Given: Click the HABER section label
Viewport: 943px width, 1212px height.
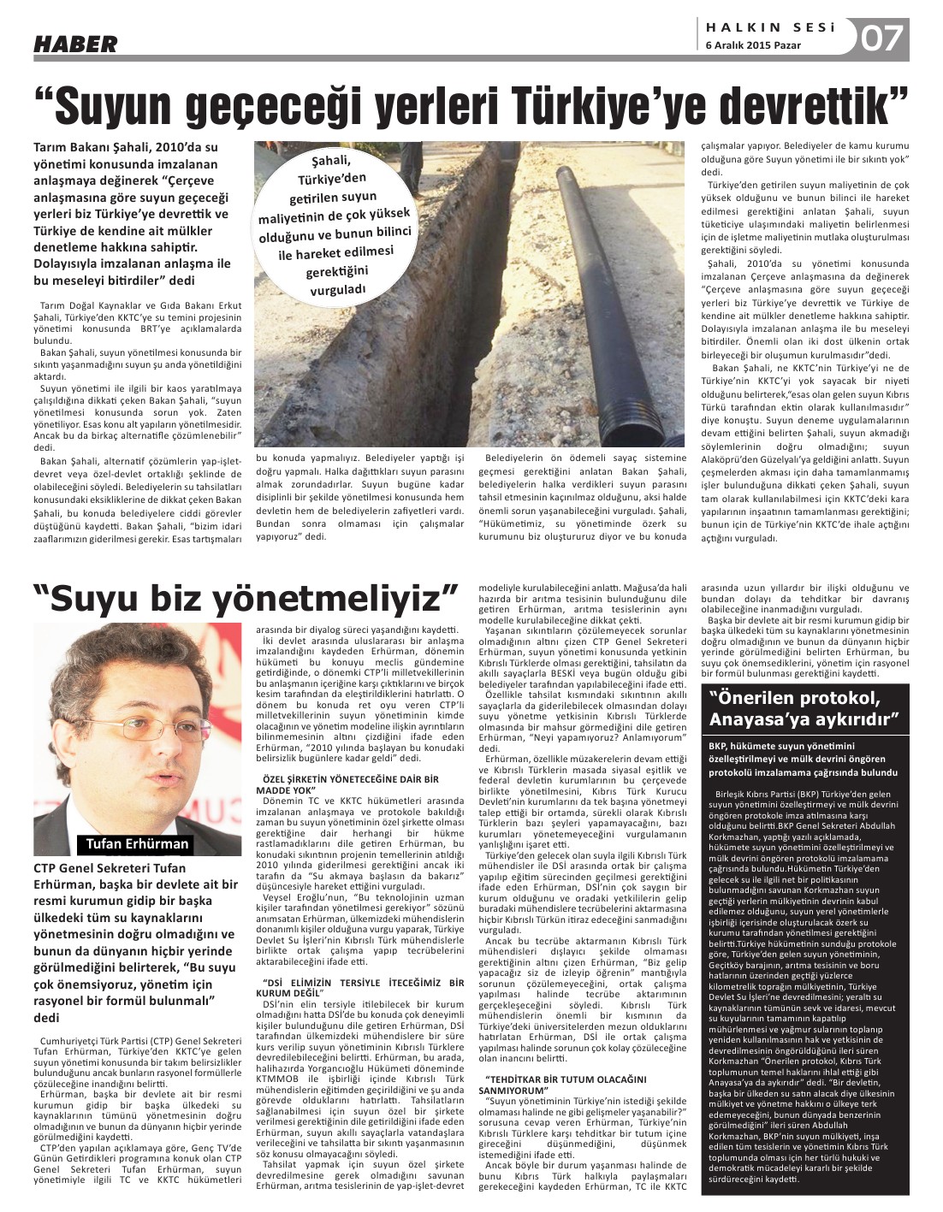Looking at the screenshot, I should click(x=75, y=43).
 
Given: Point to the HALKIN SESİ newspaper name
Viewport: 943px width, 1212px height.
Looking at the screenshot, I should click(x=767, y=27).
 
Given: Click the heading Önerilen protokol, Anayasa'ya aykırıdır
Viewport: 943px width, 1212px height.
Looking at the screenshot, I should click(x=804, y=706).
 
